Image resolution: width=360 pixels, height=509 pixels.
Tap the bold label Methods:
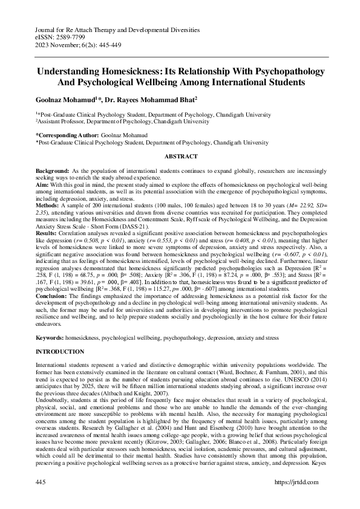(50, 206)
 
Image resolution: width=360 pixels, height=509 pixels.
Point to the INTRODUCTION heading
(60, 351)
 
